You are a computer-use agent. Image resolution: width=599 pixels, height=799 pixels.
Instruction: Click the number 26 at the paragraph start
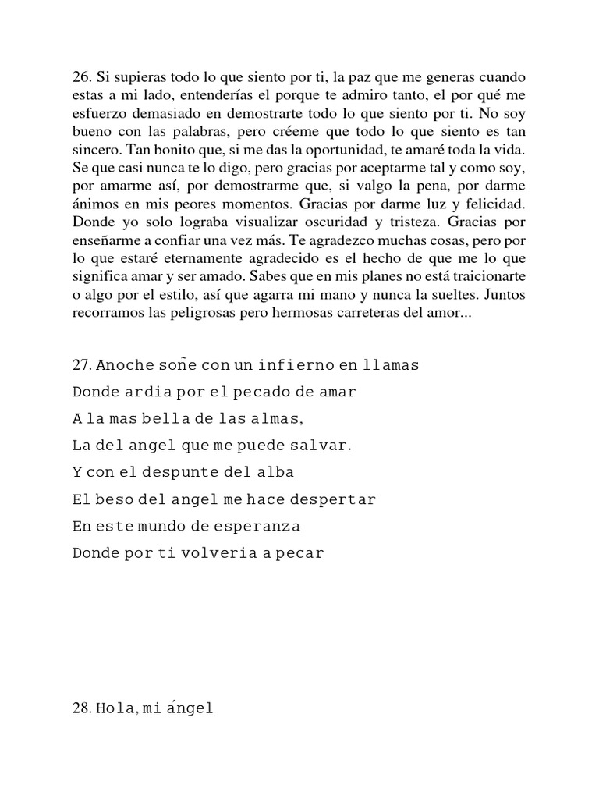click(x=81, y=78)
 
